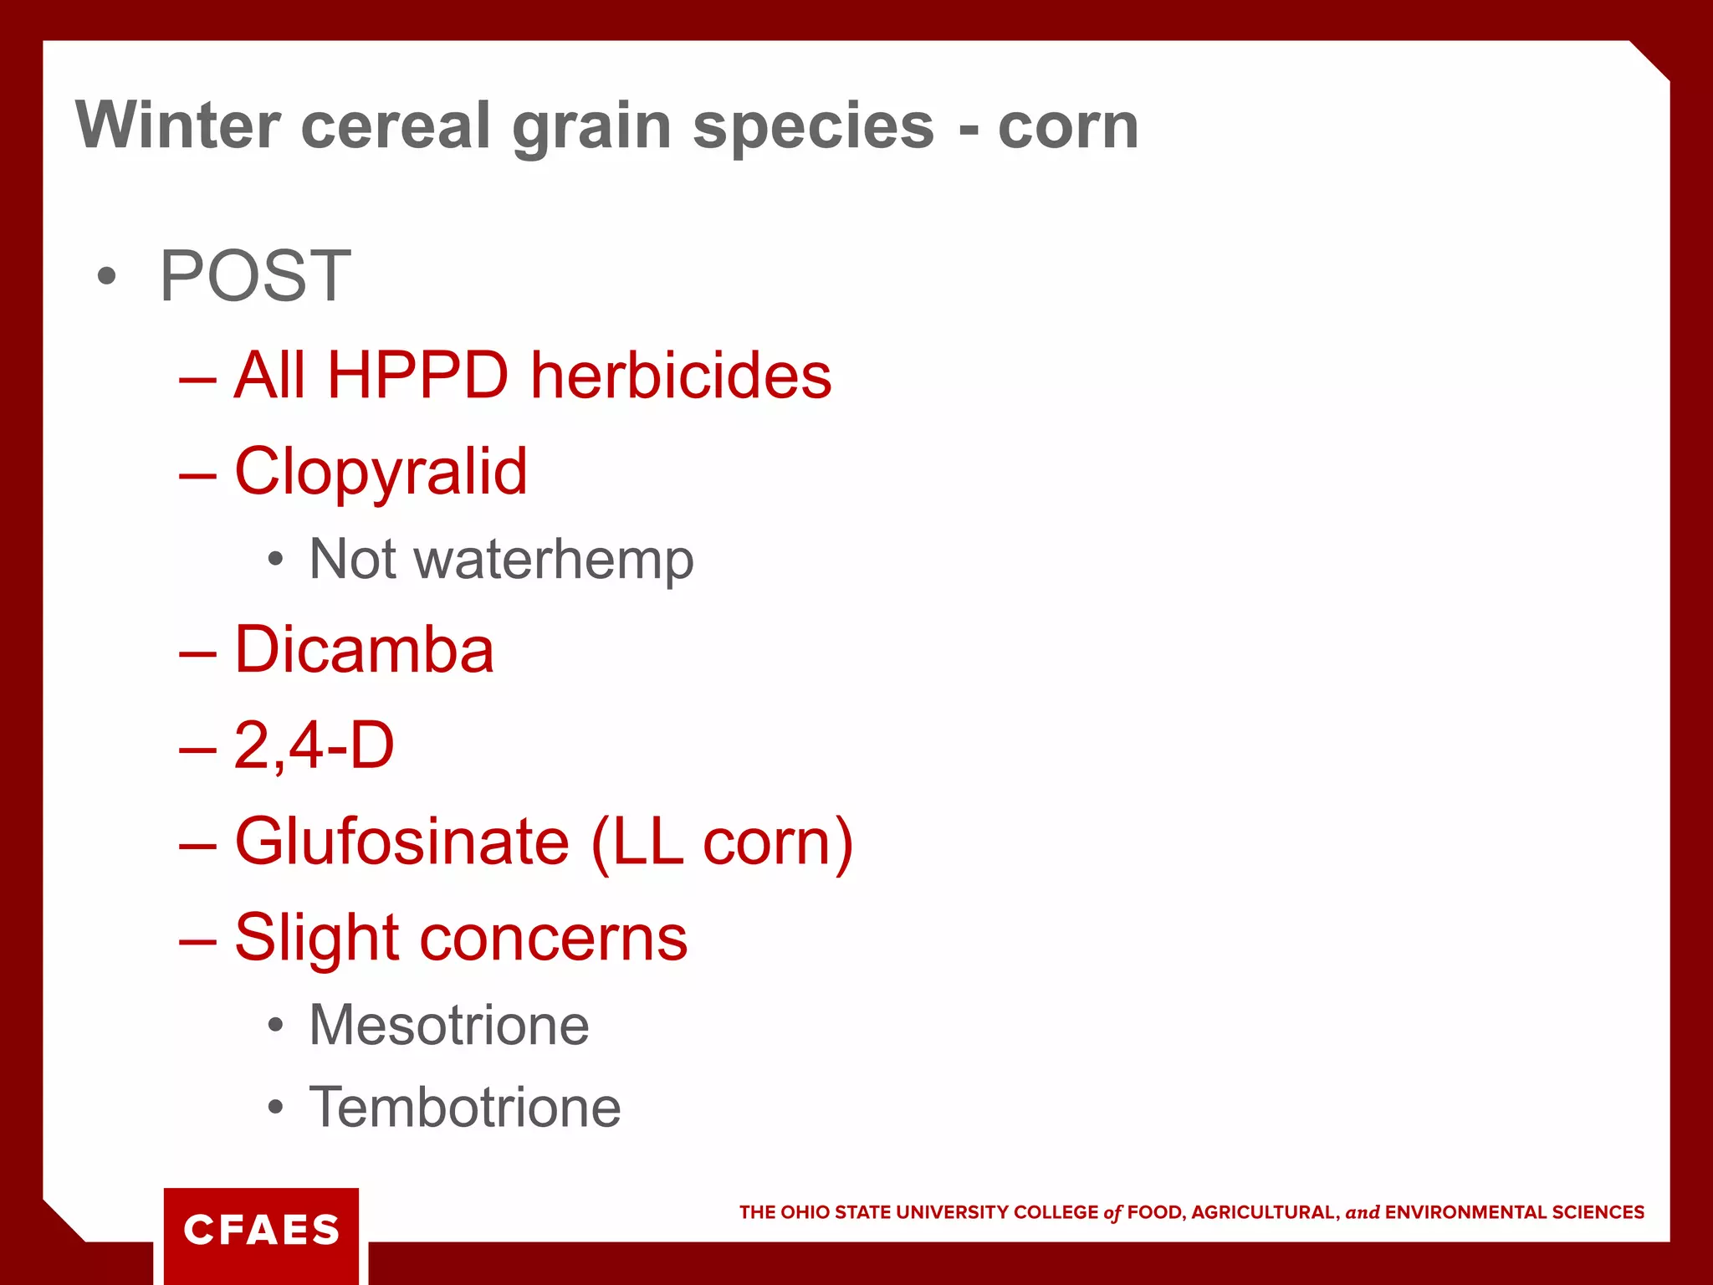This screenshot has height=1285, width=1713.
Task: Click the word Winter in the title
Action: pos(176,125)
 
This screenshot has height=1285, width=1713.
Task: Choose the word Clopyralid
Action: pos(381,472)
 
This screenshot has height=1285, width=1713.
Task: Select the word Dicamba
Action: pos(364,650)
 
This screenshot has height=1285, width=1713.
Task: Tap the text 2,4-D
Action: pos(314,745)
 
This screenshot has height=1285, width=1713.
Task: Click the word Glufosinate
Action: pos(401,842)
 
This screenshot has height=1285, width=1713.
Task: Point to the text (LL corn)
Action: pos(722,842)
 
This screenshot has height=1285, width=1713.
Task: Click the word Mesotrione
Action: pos(449,1025)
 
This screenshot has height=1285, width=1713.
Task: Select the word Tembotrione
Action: pos(465,1108)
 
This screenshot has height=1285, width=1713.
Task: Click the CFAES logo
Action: pos(261,1231)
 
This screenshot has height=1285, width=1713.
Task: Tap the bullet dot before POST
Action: pos(106,276)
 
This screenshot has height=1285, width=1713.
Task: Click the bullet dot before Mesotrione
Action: pos(275,1026)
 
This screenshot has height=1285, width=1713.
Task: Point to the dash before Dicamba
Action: pos(197,653)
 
